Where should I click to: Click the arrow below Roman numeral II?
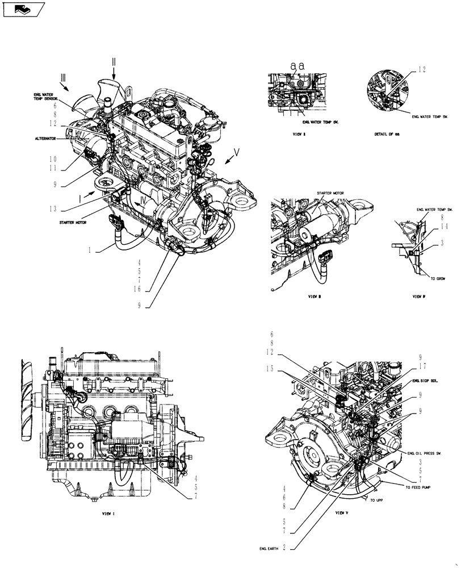pos(114,71)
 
